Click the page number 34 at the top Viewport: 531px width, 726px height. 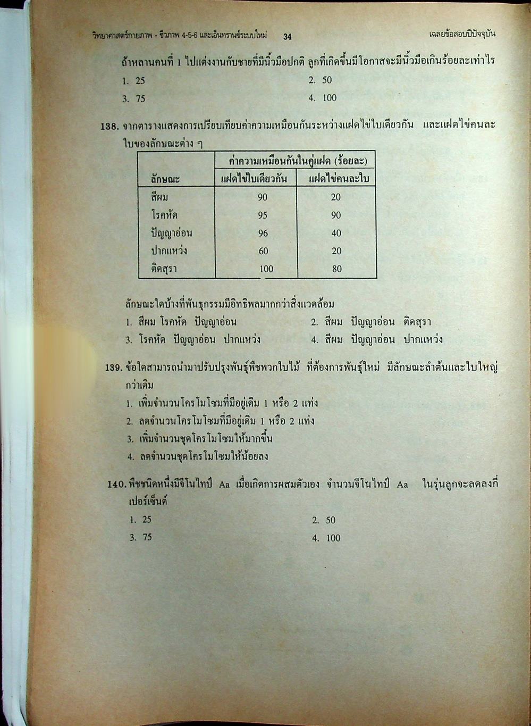pos(288,37)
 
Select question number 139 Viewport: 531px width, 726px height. pos(114,367)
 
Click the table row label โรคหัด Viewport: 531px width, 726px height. pos(164,215)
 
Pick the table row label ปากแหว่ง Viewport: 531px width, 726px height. pos(169,251)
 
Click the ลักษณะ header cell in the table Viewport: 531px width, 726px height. pos(165,179)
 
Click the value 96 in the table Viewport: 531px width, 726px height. pos(263,233)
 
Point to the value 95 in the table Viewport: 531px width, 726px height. pos(263,215)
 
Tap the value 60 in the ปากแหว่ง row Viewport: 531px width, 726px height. pos(263,251)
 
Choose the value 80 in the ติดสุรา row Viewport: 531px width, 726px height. pos(337,269)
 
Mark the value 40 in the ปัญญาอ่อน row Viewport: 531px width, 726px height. pos(336,233)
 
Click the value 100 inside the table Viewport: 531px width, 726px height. pos(266,269)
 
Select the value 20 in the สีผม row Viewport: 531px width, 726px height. pos(335,197)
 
